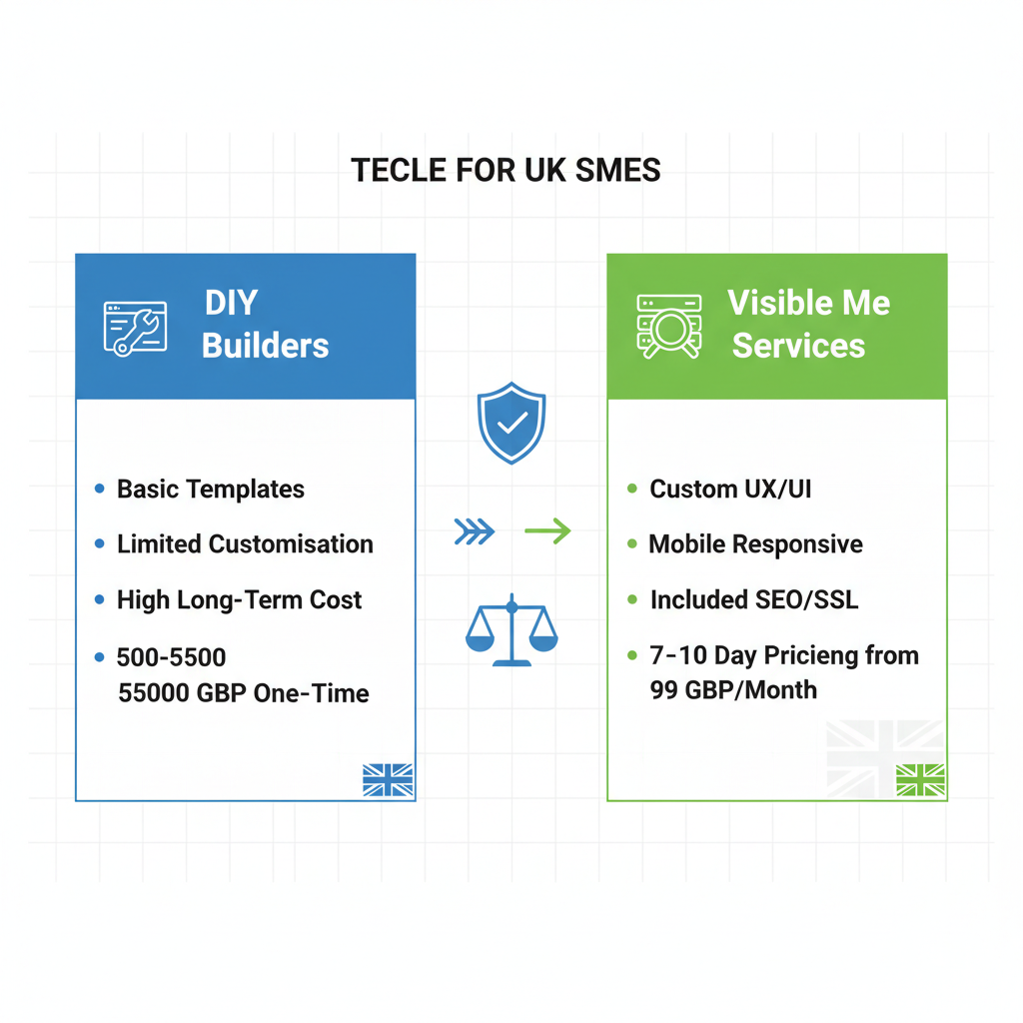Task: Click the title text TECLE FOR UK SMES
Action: pyautogui.click(x=506, y=170)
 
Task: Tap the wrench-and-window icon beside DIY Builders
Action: pyautogui.click(x=135, y=327)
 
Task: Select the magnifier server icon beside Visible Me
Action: pyautogui.click(x=668, y=326)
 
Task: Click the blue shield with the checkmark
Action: pyautogui.click(x=511, y=423)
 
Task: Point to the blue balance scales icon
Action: pyautogui.click(x=511, y=630)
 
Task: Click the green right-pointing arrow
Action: pyautogui.click(x=547, y=531)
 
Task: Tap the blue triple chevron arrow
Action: pyautogui.click(x=474, y=531)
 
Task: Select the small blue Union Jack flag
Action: pyautogui.click(x=388, y=780)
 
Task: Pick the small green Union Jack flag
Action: pyautogui.click(x=920, y=780)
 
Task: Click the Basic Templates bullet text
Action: pyautogui.click(x=211, y=490)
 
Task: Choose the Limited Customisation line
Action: pyautogui.click(x=245, y=544)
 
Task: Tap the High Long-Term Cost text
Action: pyautogui.click(x=239, y=600)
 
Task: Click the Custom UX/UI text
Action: pyautogui.click(x=730, y=490)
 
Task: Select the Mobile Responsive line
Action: pyautogui.click(x=755, y=544)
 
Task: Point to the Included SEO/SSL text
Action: pyautogui.click(x=753, y=600)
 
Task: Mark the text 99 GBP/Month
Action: pyautogui.click(x=733, y=690)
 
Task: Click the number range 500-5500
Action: pyautogui.click(x=171, y=657)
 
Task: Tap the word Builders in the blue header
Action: pyautogui.click(x=265, y=346)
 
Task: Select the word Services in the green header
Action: pyautogui.click(x=798, y=346)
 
